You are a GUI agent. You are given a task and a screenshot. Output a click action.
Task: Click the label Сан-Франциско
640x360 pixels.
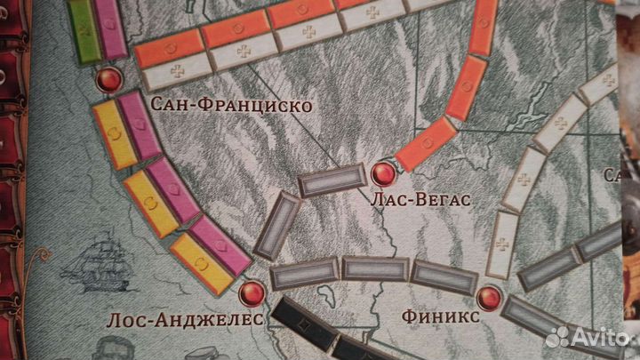pos(231,106)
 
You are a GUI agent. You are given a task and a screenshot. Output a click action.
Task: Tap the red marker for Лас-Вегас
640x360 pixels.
pos(384,173)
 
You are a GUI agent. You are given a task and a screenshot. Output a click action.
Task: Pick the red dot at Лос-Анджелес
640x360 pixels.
pos(252,291)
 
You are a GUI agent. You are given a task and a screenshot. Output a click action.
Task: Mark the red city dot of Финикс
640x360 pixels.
pos(488,297)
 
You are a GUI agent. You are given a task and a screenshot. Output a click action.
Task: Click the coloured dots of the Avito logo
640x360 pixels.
pos(557,336)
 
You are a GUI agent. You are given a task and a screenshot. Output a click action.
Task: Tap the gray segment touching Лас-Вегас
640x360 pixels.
pos(327,181)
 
